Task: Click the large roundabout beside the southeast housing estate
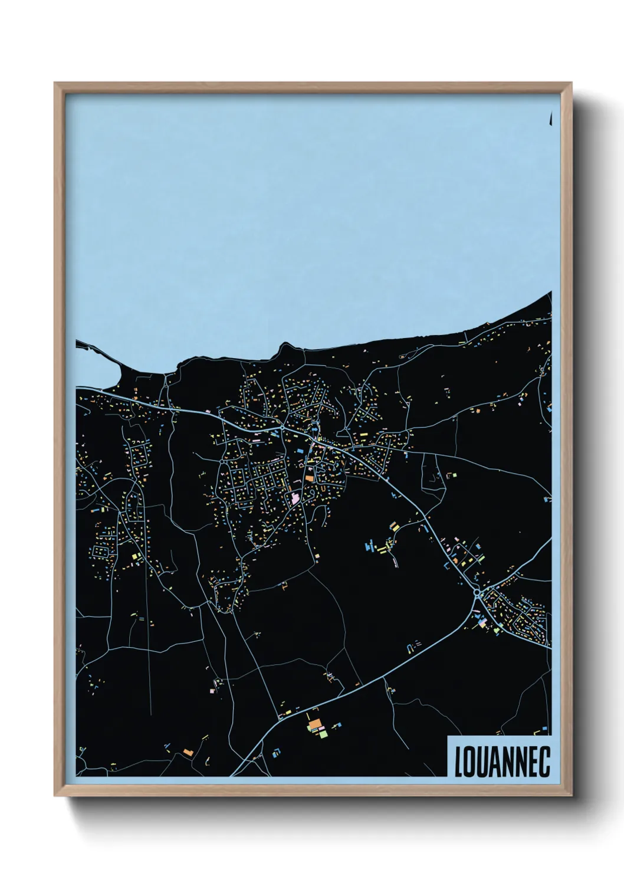pyautogui.click(x=477, y=592)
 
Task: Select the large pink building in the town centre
pyautogui.click(x=295, y=498)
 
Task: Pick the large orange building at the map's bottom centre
pyautogui.click(x=314, y=723)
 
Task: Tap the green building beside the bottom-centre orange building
pyautogui.click(x=322, y=733)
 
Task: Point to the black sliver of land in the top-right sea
pyautogui.click(x=550, y=119)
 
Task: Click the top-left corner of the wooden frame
pyautogui.click(x=55, y=84)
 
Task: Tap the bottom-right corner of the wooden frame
pyautogui.click(x=571, y=795)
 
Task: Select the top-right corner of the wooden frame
pyautogui.click(x=571, y=84)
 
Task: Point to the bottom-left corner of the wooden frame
pyautogui.click(x=55, y=795)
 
